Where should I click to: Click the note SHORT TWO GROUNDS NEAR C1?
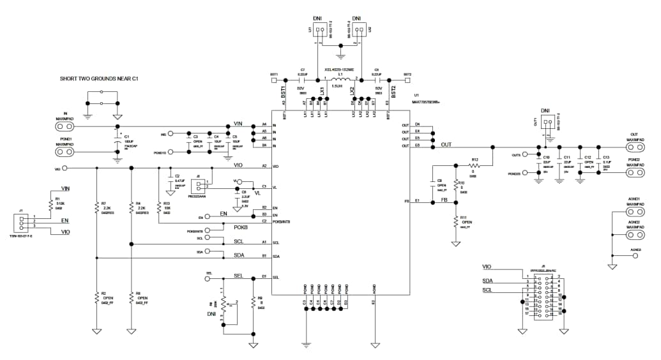tap(99, 79)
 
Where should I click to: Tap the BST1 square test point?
tap(274, 80)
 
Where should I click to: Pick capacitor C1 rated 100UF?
tap(118, 143)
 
